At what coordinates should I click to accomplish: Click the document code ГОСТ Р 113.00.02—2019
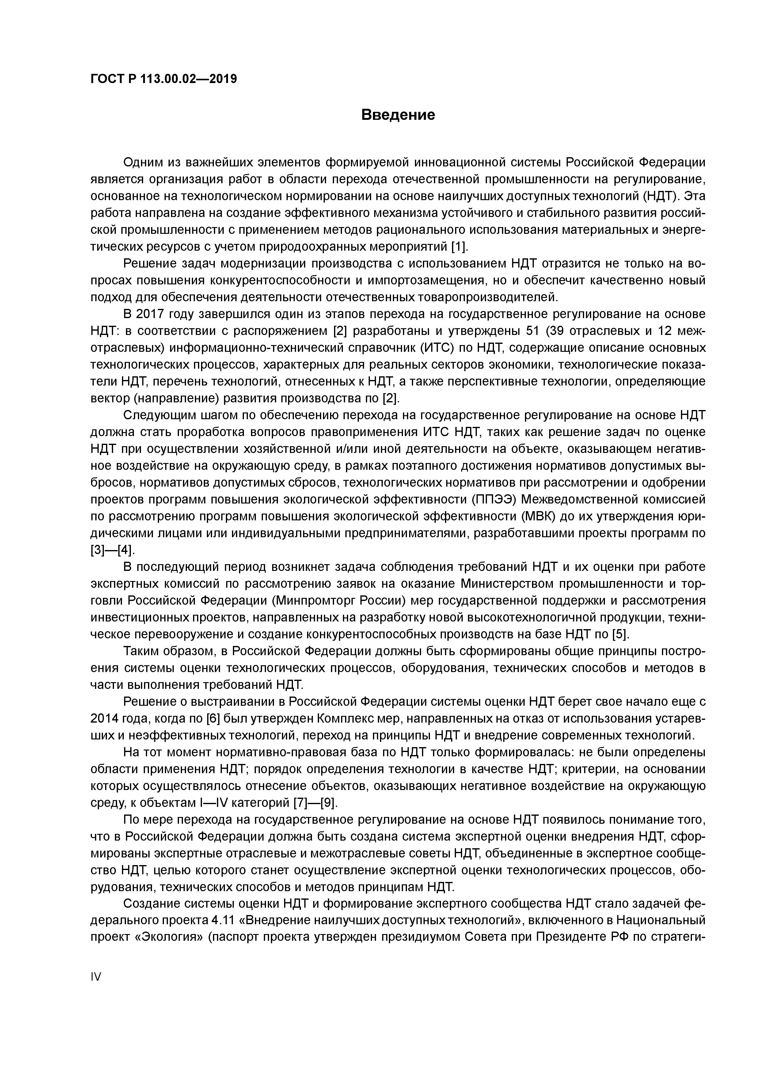point(163,79)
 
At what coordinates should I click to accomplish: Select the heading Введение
point(398,115)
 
